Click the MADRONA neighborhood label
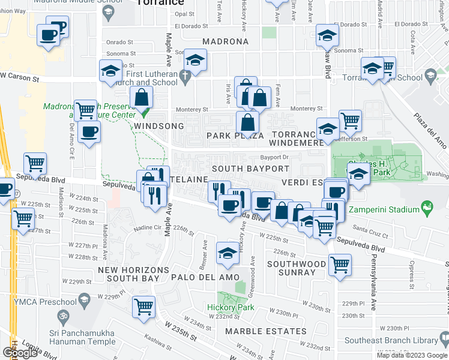pos(225,42)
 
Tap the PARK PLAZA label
pos(235,136)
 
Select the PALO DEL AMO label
pos(206,277)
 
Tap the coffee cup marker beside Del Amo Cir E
pos(89,131)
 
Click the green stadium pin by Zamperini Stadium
pos(427,209)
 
